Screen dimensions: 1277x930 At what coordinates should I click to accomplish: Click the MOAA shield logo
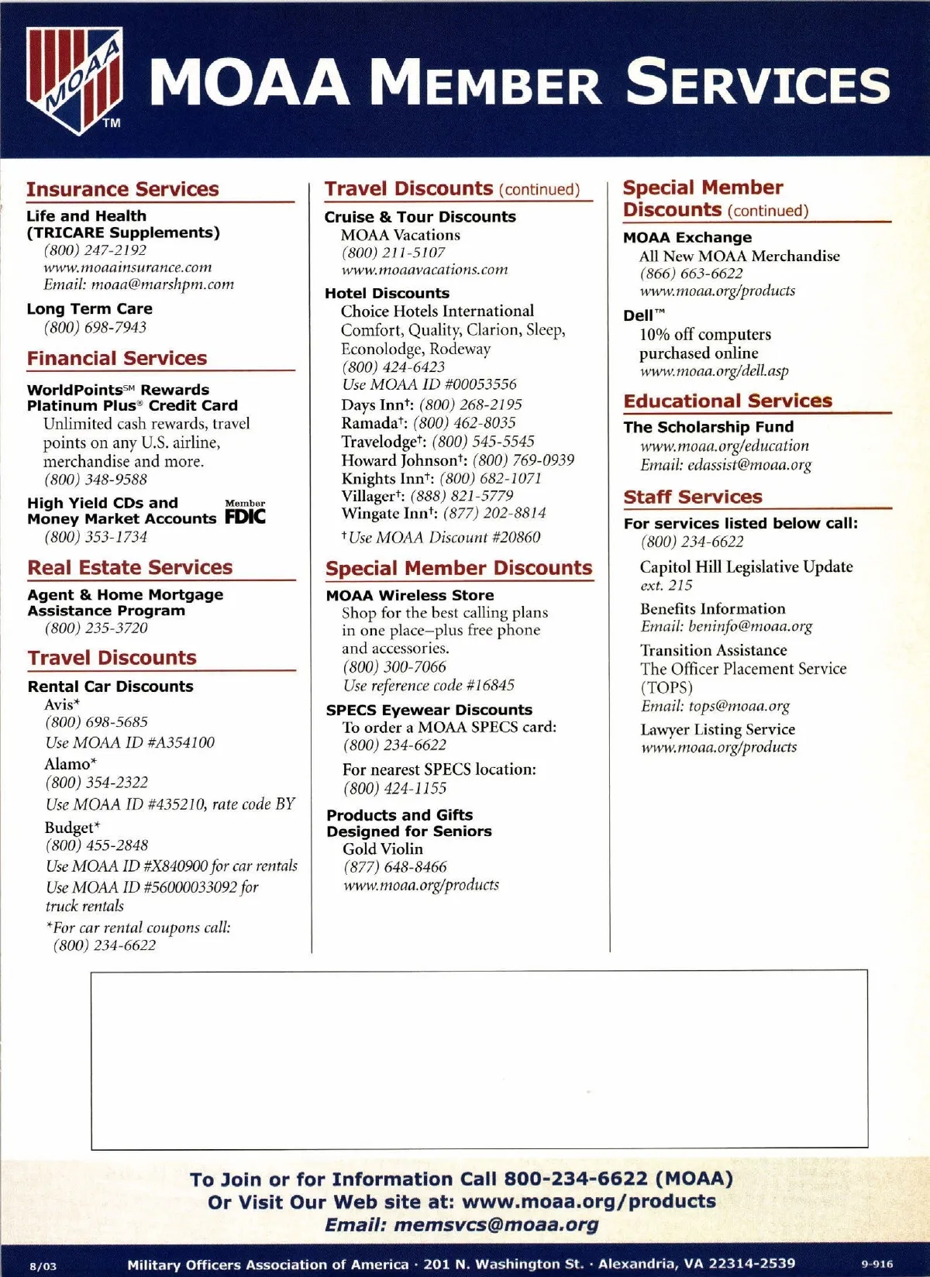click(74, 81)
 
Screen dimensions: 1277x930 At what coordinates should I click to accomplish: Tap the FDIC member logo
click(245, 513)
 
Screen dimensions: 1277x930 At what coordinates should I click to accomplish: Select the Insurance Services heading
click(122, 189)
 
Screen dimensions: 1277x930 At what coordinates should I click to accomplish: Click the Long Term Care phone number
click(95, 327)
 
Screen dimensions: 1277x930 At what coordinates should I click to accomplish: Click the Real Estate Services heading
click(130, 567)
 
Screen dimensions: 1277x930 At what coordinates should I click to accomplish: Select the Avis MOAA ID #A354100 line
click(130, 742)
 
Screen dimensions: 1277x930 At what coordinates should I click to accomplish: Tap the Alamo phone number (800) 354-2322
click(97, 783)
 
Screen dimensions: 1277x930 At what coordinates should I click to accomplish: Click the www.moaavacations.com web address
click(425, 270)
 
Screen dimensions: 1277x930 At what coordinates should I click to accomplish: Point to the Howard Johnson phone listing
click(458, 460)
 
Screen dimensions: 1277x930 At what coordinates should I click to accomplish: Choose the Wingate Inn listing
click(443, 513)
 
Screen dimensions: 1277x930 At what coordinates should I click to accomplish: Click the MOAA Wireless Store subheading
click(410, 595)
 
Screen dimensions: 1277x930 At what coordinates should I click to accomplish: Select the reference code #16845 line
click(429, 685)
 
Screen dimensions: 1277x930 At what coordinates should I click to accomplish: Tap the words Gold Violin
click(383, 848)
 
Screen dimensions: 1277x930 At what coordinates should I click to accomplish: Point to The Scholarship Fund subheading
click(708, 427)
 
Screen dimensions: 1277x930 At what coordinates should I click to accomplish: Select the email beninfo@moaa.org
click(726, 626)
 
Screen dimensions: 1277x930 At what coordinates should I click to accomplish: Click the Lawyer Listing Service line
click(718, 729)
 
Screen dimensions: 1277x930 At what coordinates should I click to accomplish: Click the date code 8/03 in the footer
click(43, 1266)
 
